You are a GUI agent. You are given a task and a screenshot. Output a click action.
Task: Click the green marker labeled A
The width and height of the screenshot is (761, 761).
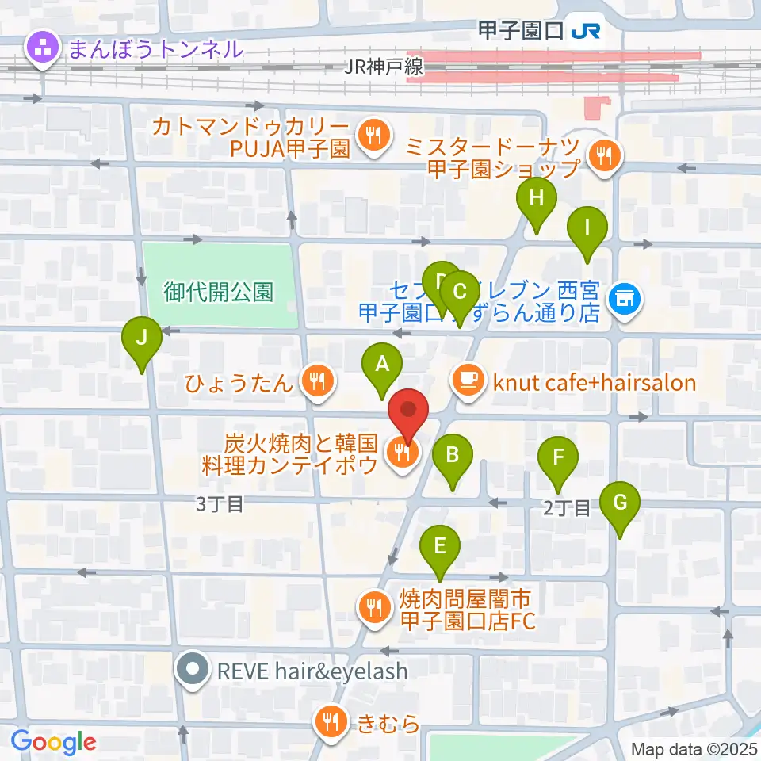pyautogui.click(x=382, y=366)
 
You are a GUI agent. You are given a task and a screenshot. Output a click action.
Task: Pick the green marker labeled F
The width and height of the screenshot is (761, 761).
pyautogui.click(x=558, y=459)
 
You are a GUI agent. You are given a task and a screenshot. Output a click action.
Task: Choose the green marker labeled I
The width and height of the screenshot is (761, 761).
pyautogui.click(x=587, y=230)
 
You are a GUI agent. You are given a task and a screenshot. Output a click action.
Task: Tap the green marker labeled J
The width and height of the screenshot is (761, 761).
pyautogui.click(x=141, y=339)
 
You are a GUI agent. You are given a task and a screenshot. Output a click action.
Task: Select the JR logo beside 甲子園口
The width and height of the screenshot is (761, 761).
pyautogui.click(x=586, y=31)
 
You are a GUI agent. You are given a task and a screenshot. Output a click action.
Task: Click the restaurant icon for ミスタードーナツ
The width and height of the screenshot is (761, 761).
pyautogui.click(x=606, y=155)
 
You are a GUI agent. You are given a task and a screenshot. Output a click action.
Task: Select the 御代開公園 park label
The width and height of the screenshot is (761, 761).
pyautogui.click(x=220, y=293)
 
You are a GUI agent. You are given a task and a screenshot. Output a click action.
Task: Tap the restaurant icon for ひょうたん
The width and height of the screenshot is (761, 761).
pyautogui.click(x=317, y=383)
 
